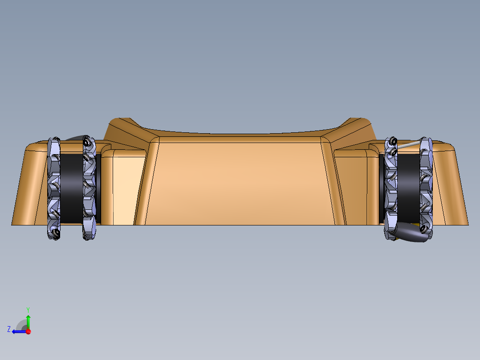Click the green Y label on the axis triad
[28, 310]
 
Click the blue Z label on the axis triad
[9, 329]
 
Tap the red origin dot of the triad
[28, 331]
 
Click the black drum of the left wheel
[71, 188]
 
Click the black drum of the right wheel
[408, 188]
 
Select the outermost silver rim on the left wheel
[53, 188]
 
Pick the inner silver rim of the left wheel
[89, 188]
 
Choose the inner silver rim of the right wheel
[391, 188]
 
